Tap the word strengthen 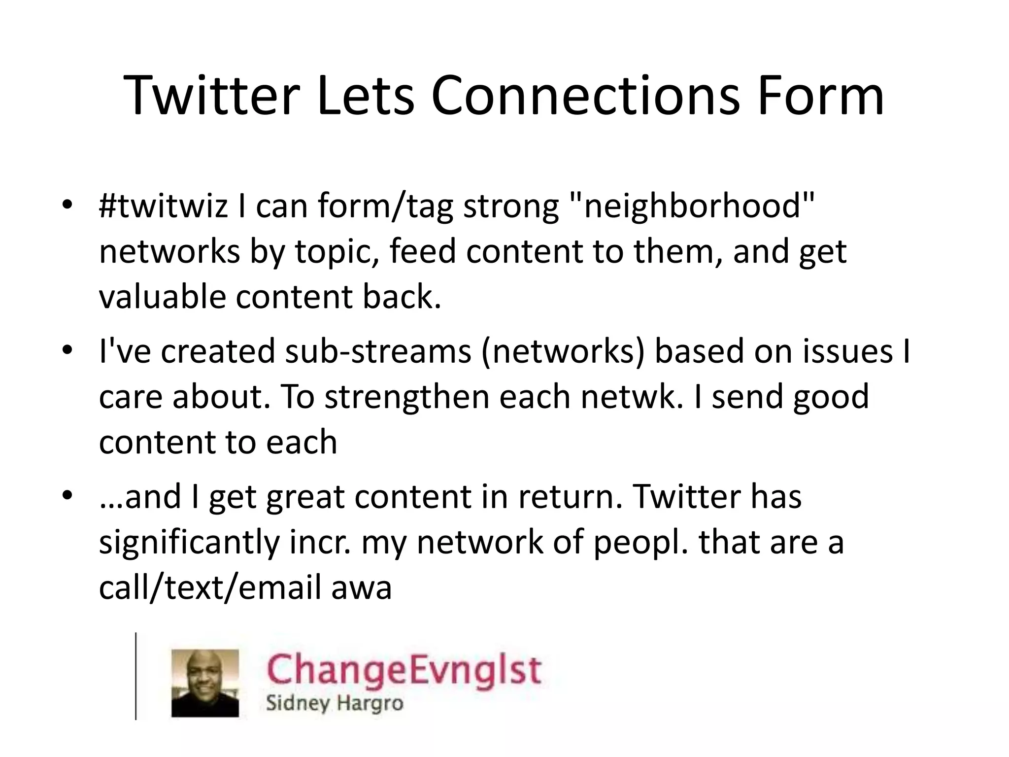(x=406, y=396)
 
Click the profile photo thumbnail (x=205, y=683)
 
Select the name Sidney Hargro (x=335, y=703)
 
